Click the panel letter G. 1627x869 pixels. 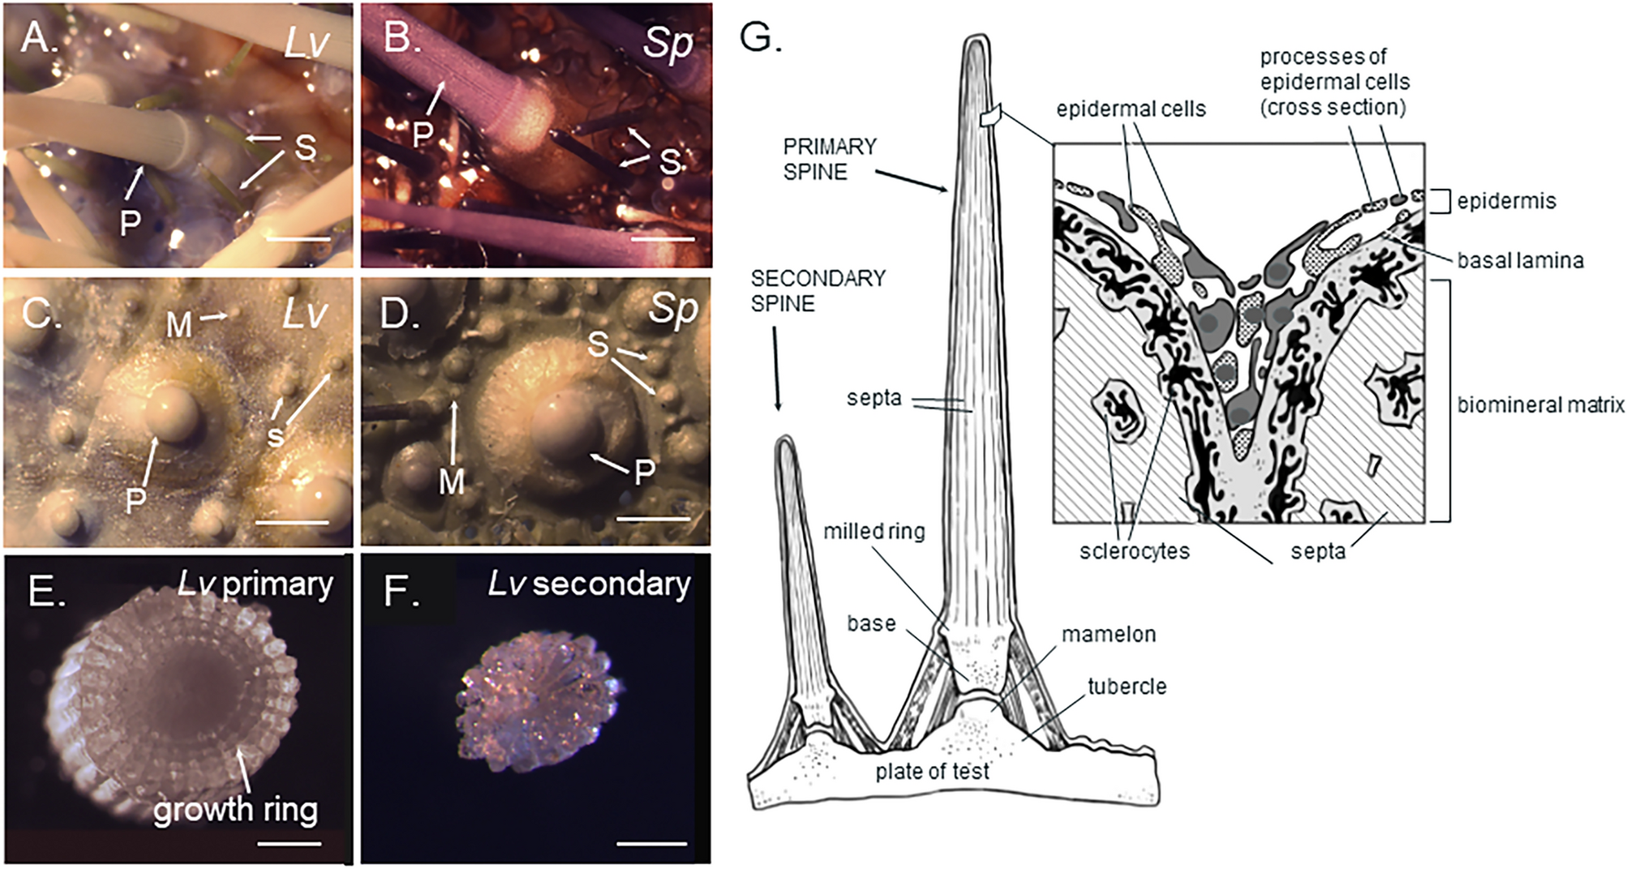761,36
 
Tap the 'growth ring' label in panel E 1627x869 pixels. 235,809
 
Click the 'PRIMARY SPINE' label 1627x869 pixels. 829,159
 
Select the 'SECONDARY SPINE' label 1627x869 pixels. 817,291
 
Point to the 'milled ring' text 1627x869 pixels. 874,532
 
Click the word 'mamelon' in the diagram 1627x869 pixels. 1108,634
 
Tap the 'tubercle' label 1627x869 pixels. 1127,687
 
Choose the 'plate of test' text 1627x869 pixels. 932,771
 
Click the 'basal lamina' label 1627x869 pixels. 1520,261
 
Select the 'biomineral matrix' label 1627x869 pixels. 1540,405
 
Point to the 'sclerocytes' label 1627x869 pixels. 1134,551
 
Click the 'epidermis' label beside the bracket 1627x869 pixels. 1506,201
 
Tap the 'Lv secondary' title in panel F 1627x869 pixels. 589,584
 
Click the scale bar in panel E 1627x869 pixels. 289,844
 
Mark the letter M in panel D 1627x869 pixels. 451,482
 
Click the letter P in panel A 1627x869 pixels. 130,223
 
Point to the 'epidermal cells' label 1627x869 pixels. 1131,109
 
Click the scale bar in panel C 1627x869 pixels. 292,522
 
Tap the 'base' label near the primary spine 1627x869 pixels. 871,623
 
